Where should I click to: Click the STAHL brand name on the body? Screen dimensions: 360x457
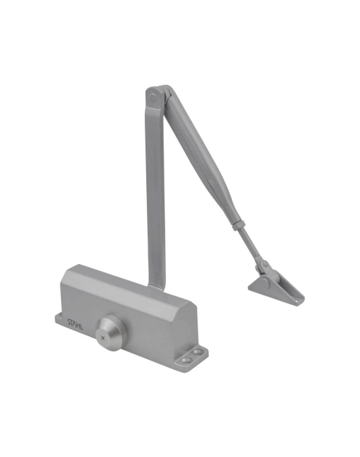point(75,324)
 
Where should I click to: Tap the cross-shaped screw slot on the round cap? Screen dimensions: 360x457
point(102,338)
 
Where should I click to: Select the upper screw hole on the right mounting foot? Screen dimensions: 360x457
point(199,352)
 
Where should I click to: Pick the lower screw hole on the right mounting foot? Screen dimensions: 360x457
point(185,360)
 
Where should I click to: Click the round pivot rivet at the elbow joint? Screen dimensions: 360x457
point(152,97)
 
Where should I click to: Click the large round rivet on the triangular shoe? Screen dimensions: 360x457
point(265,282)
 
